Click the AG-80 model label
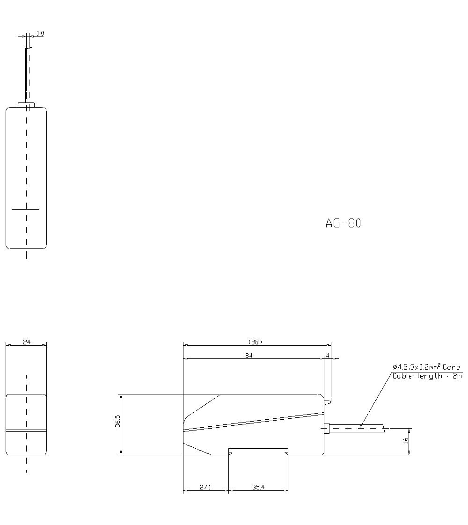[x=343, y=224]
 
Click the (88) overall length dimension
[x=255, y=342]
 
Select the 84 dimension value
[x=249, y=356]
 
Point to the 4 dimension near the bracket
[x=328, y=356]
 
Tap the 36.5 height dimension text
[x=118, y=421]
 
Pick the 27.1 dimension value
[x=205, y=487]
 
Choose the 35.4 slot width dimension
[x=258, y=487]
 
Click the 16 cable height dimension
[x=406, y=440]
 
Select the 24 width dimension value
[x=26, y=342]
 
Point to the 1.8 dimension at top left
[x=40, y=33]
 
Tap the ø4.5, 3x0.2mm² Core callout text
[x=426, y=367]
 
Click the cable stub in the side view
[x=356, y=428]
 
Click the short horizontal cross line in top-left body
[x=25, y=209]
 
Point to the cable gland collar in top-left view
[x=26, y=105]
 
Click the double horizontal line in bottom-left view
[x=26, y=430]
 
